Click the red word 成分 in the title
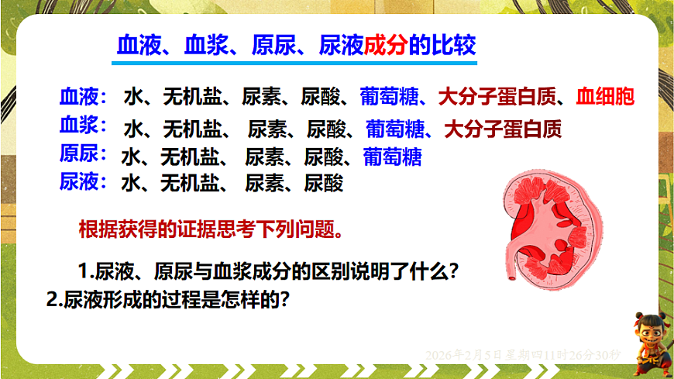(x=386, y=45)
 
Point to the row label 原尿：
(x=82, y=153)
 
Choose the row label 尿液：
(x=82, y=182)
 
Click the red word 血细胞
(x=605, y=98)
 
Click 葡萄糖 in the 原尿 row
(x=392, y=157)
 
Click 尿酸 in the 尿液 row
(x=323, y=184)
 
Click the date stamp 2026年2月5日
(x=460, y=355)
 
